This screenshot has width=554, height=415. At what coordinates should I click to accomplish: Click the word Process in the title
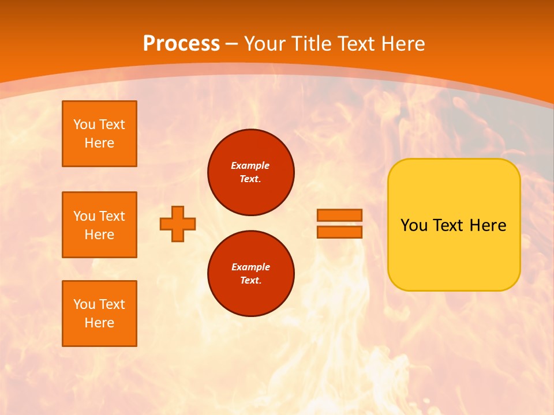pyautogui.click(x=181, y=43)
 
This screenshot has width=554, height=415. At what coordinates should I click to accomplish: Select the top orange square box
pyautogui.click(x=99, y=134)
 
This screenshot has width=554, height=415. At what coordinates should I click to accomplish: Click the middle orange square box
pyautogui.click(x=99, y=225)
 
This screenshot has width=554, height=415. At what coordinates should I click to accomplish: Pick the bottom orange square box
pyautogui.click(x=99, y=314)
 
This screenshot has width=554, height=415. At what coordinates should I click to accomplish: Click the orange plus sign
pyautogui.click(x=178, y=224)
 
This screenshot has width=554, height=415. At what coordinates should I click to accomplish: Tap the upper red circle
pyautogui.click(x=251, y=172)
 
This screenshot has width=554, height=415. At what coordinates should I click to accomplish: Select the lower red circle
pyautogui.click(x=251, y=274)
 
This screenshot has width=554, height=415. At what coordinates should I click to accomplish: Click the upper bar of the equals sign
pyautogui.click(x=339, y=215)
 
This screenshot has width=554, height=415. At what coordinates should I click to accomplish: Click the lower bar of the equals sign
pyautogui.click(x=339, y=232)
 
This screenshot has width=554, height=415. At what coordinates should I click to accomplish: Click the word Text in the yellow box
pyautogui.click(x=448, y=225)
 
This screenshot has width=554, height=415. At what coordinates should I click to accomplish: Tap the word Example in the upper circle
pyautogui.click(x=250, y=165)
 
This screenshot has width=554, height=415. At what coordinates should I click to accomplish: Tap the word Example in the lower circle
pyautogui.click(x=250, y=267)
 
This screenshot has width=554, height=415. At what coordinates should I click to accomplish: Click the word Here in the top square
pyautogui.click(x=99, y=143)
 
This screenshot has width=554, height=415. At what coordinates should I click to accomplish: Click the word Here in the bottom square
pyautogui.click(x=99, y=323)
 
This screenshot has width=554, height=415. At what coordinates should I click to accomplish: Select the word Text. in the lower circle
pyautogui.click(x=250, y=281)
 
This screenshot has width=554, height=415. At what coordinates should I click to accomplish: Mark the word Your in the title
pyautogui.click(x=265, y=43)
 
